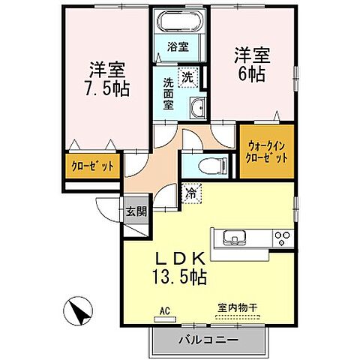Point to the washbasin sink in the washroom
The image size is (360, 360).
pos(196,107)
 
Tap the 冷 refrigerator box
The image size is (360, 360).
pos(191,193)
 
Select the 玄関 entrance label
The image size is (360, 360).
pos(136,211)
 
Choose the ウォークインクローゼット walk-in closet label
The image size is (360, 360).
pos(267,151)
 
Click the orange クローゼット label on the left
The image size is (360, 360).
pos(92,166)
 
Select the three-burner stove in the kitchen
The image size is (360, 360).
pos(283,239)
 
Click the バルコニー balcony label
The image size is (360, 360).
pos(208,340)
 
